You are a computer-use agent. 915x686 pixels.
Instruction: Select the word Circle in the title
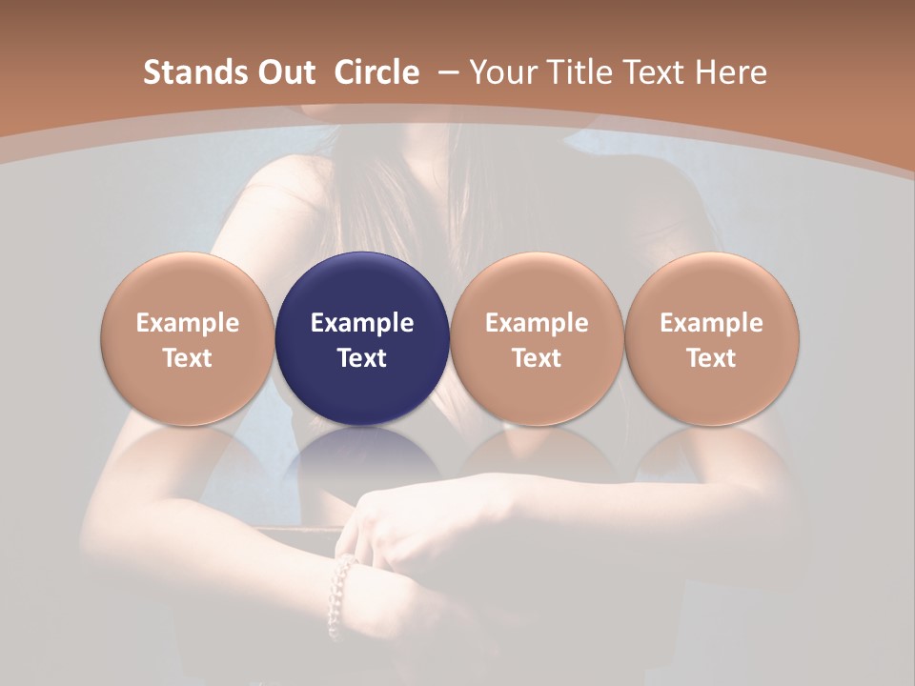tap(376, 72)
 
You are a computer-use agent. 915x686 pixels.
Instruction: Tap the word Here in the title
tap(732, 72)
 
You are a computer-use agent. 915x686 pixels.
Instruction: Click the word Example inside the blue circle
tap(362, 323)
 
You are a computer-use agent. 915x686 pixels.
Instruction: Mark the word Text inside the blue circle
tap(362, 358)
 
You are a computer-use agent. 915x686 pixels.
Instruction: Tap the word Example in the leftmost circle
tap(188, 323)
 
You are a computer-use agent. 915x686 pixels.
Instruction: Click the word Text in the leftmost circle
tap(188, 358)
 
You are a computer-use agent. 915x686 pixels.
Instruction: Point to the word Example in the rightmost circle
tap(712, 323)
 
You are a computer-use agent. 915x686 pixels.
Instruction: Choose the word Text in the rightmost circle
tap(712, 358)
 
